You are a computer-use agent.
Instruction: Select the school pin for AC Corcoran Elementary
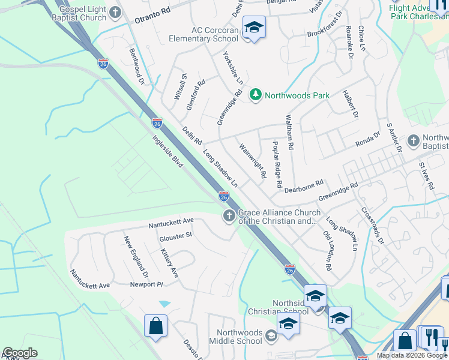point(254,28)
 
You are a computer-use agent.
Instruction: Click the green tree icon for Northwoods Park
point(256,95)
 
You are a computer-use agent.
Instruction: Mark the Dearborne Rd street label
point(304,185)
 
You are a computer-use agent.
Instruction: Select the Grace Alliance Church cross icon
point(229,217)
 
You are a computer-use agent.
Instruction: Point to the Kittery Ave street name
point(170,265)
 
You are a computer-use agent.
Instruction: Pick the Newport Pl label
point(146,284)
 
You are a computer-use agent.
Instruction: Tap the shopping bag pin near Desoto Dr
point(155,326)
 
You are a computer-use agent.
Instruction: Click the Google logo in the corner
point(19,353)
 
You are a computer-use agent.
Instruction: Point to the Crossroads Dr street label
point(372,226)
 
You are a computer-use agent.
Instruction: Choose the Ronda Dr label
point(368,139)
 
